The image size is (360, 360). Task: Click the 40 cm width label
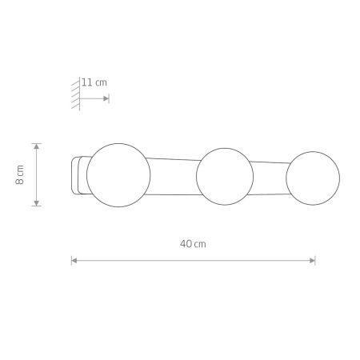(x=193, y=244)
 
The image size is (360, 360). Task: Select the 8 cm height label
(x=20, y=174)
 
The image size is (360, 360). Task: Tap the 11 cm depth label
(x=94, y=82)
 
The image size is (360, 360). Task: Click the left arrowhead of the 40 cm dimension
(x=74, y=260)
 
